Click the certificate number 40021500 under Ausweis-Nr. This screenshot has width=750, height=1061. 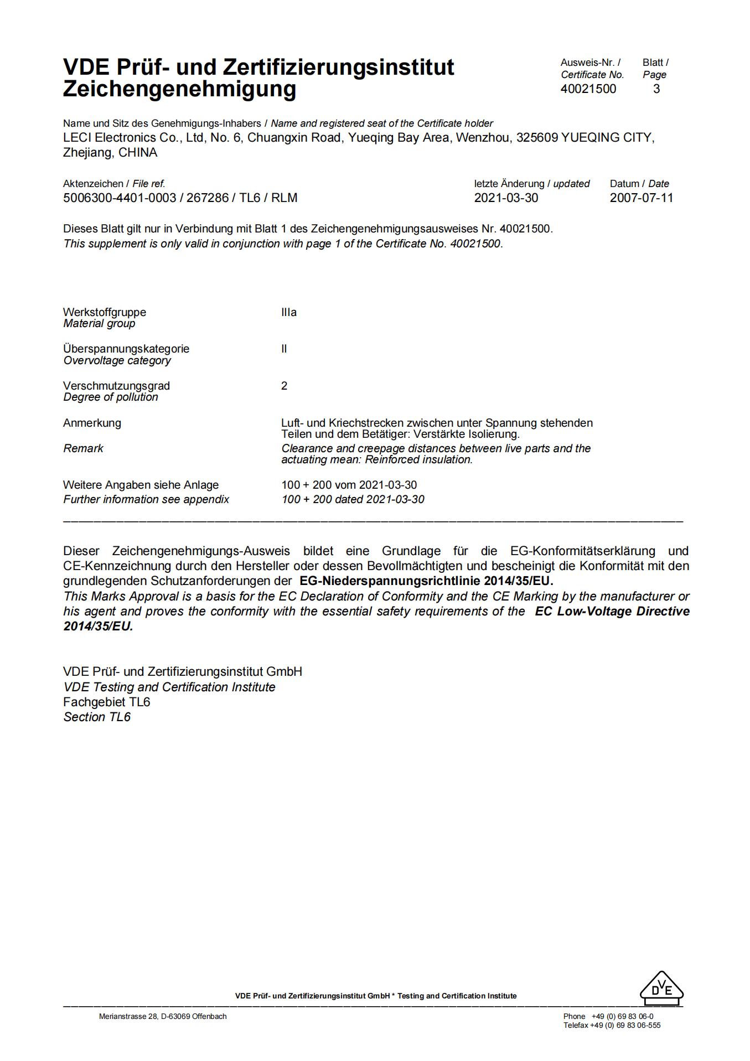pyautogui.click(x=588, y=89)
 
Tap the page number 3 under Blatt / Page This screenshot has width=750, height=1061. pyautogui.click(x=656, y=89)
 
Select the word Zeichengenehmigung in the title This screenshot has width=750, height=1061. pyautogui.click(x=179, y=89)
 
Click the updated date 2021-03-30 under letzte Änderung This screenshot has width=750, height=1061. pyautogui.click(x=506, y=198)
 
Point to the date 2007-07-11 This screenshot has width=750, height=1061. pyautogui.click(x=642, y=198)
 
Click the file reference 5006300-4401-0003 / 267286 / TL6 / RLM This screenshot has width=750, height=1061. pyautogui.click(x=180, y=198)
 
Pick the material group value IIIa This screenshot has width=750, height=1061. pyautogui.click(x=289, y=313)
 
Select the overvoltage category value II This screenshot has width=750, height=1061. pyautogui.click(x=284, y=349)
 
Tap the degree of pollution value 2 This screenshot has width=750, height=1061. pyautogui.click(x=284, y=386)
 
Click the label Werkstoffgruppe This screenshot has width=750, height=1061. pyautogui.click(x=105, y=313)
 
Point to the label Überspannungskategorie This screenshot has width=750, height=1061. pyautogui.click(x=126, y=349)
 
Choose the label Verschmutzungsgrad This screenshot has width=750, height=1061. pyautogui.click(x=116, y=386)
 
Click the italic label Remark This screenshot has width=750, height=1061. pyautogui.click(x=83, y=449)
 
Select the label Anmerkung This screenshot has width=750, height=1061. pyautogui.click(x=92, y=423)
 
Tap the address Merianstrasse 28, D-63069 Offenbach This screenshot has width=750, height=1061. pyautogui.click(x=163, y=1017)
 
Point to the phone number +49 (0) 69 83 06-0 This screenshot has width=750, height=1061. pyautogui.click(x=622, y=1017)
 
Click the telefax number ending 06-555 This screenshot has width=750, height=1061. pyautogui.click(x=625, y=1026)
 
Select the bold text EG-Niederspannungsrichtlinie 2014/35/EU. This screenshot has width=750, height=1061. pyautogui.click(x=426, y=581)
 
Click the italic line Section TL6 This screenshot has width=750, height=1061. pyautogui.click(x=97, y=717)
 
